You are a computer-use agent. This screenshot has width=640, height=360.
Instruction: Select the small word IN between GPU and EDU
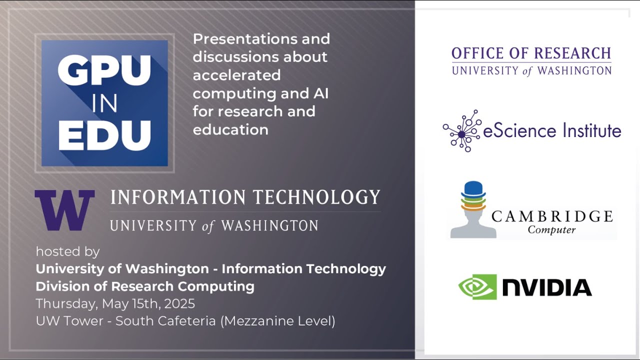pyautogui.click(x=104, y=104)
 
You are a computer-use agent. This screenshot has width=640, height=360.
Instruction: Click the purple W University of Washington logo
pyautogui.click(x=64, y=210)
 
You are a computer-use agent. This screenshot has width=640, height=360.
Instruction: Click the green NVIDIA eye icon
pyautogui.click(x=477, y=287)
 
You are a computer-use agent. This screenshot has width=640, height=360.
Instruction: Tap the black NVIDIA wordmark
pyautogui.click(x=546, y=287)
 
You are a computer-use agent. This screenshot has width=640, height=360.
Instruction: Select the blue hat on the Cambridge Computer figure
pyautogui.click(x=472, y=189)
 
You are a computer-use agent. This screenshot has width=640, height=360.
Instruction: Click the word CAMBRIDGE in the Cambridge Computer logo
pyautogui.click(x=552, y=216)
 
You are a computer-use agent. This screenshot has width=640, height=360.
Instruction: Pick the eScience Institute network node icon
pyautogui.click(x=462, y=131)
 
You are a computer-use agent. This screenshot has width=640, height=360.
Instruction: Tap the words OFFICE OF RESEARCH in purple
pyautogui.click(x=531, y=53)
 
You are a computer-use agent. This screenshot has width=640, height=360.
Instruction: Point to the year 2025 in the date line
pyautogui.click(x=178, y=303)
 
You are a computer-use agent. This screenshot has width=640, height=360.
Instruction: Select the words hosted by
pyautogui.click(x=67, y=251)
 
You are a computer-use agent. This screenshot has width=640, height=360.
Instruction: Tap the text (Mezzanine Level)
pyautogui.click(x=277, y=321)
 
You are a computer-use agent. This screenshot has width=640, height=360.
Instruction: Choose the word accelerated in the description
pyautogui.click(x=236, y=75)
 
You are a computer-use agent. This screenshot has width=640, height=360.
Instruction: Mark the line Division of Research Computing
pyautogui.click(x=145, y=286)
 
